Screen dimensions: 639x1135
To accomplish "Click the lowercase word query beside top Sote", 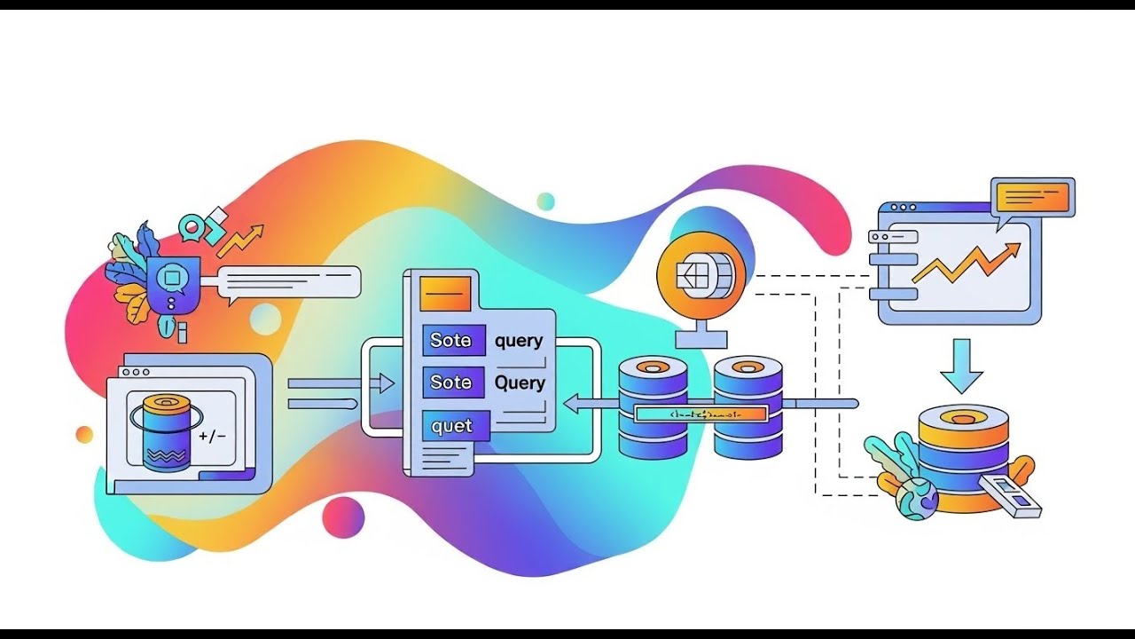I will (x=519, y=341).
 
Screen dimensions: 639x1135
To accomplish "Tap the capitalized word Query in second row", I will (x=520, y=383).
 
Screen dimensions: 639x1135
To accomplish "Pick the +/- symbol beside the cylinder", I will (x=213, y=436).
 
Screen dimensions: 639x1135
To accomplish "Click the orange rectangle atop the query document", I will (x=444, y=293).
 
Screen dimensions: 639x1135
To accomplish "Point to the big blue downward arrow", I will (x=962, y=365).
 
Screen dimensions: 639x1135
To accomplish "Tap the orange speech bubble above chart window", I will (x=1034, y=196).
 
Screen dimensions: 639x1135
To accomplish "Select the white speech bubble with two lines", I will (x=290, y=282).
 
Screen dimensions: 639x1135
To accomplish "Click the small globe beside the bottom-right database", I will (x=917, y=498).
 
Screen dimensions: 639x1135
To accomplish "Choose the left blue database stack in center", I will (x=654, y=408).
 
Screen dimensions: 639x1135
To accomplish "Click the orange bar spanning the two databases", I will (x=700, y=414).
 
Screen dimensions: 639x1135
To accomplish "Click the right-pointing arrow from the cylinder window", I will (x=341, y=383).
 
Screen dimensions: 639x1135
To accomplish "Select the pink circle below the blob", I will (x=343, y=516).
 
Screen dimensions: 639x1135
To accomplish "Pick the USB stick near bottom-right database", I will (x=1012, y=495).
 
